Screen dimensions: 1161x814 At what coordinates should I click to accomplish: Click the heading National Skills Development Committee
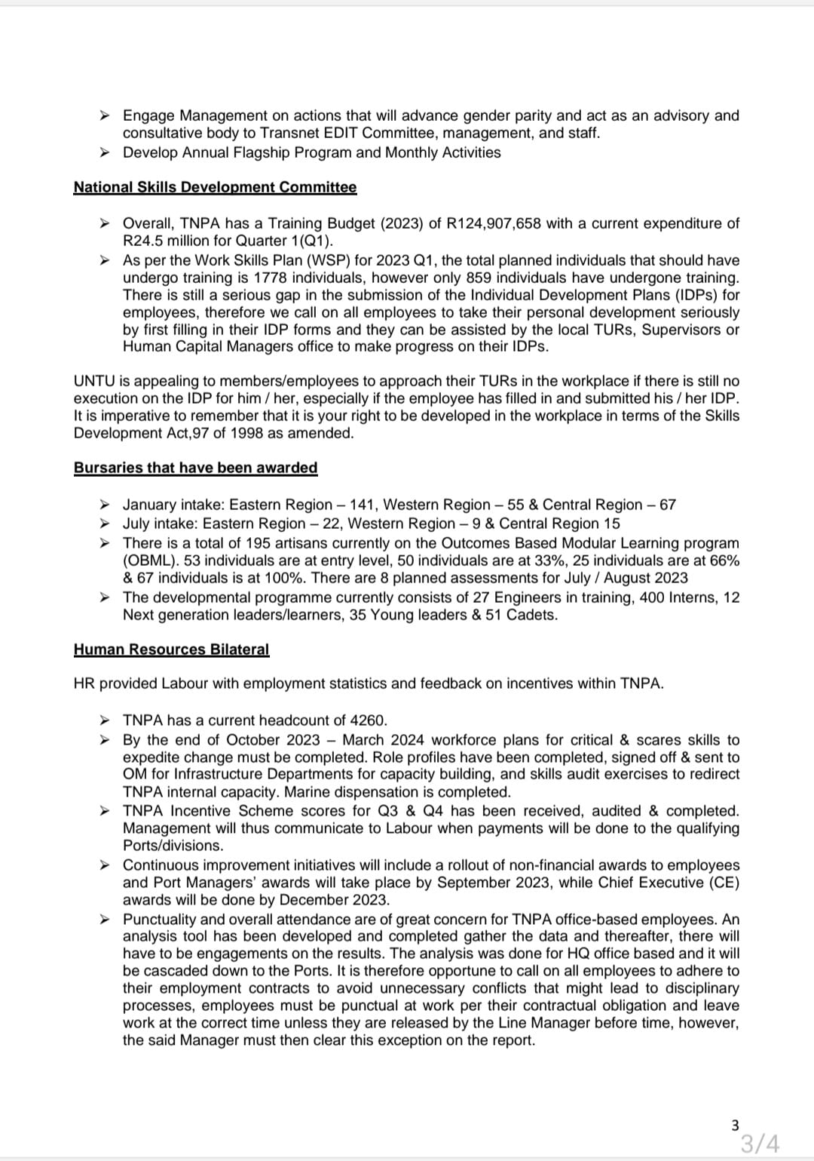coord(215,187)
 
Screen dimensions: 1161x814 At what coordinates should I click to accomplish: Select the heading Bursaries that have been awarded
coord(195,468)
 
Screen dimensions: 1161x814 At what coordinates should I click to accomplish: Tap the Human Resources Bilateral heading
coord(171,650)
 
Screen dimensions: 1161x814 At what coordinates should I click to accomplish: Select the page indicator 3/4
coord(759,1144)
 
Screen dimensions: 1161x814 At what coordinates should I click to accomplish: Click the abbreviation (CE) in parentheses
coord(723,883)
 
